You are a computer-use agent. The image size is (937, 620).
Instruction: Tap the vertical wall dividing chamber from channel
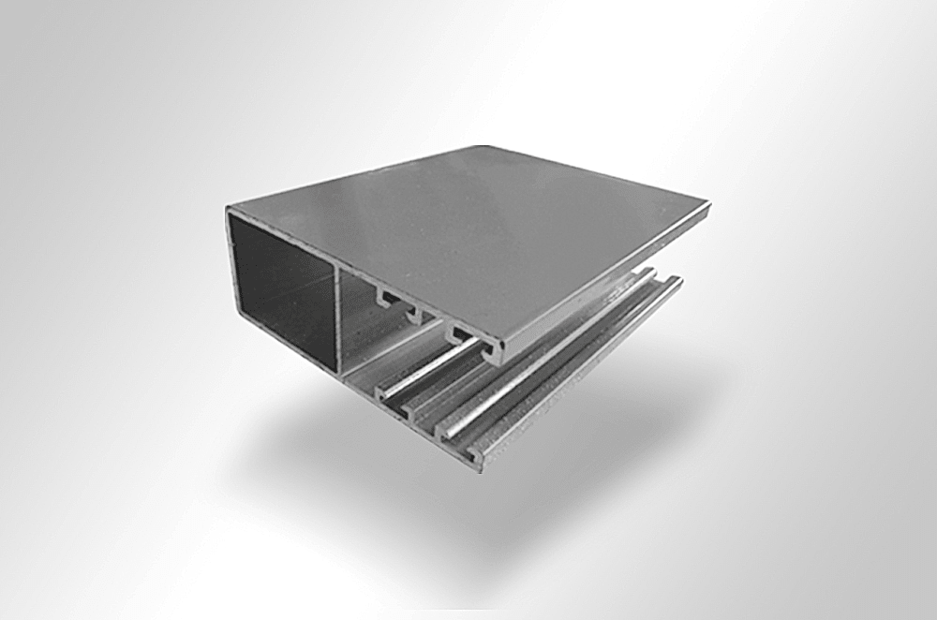[336, 318]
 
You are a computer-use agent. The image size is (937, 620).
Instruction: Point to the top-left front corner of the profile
[229, 212]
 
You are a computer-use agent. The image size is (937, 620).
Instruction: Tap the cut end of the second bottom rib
[412, 412]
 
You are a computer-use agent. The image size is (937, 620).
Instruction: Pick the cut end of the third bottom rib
[446, 432]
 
